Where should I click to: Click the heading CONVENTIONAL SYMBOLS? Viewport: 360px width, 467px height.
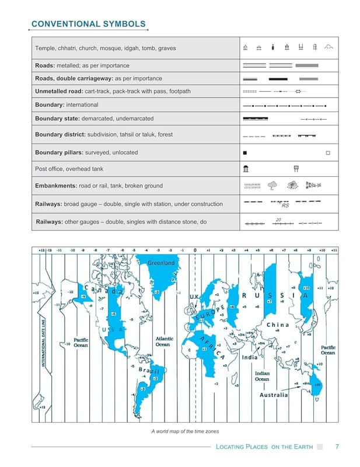point(88,24)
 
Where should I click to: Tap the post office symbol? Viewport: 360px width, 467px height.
point(247,169)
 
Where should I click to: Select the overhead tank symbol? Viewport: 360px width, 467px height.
point(296,169)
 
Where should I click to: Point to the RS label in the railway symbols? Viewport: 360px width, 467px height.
point(285,205)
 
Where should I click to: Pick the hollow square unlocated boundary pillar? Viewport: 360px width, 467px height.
point(328,152)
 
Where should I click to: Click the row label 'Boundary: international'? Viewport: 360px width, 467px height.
point(67,104)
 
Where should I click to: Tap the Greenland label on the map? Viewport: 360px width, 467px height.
point(160,263)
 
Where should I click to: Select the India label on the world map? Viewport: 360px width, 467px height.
point(250,358)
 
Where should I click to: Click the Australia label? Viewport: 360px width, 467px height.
point(274,395)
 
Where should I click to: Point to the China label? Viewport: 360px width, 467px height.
point(278,325)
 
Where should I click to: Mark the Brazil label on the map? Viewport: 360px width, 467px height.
point(150,371)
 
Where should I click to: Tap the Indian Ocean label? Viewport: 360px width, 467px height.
point(262,376)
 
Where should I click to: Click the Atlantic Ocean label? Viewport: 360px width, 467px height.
point(163,341)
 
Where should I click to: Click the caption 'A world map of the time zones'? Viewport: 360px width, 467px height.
point(184,431)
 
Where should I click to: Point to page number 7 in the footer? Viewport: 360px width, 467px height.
point(337,447)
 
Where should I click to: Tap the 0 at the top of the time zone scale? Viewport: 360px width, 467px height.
point(195,250)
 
